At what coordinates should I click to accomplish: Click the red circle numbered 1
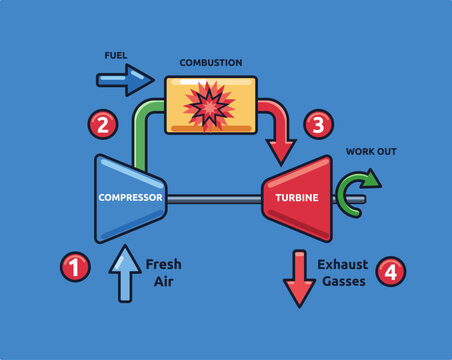[x=74, y=267]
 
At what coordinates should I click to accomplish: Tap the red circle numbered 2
[x=102, y=124]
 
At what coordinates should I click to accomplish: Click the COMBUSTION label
[x=210, y=62]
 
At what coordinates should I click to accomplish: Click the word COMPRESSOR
[x=130, y=198]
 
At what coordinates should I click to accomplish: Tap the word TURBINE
[x=297, y=198]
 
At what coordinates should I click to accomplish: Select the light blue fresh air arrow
[x=124, y=274]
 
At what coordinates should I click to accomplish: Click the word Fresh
[x=164, y=265]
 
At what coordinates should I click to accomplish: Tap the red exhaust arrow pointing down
[x=299, y=279]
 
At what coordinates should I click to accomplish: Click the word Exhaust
[x=343, y=265]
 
